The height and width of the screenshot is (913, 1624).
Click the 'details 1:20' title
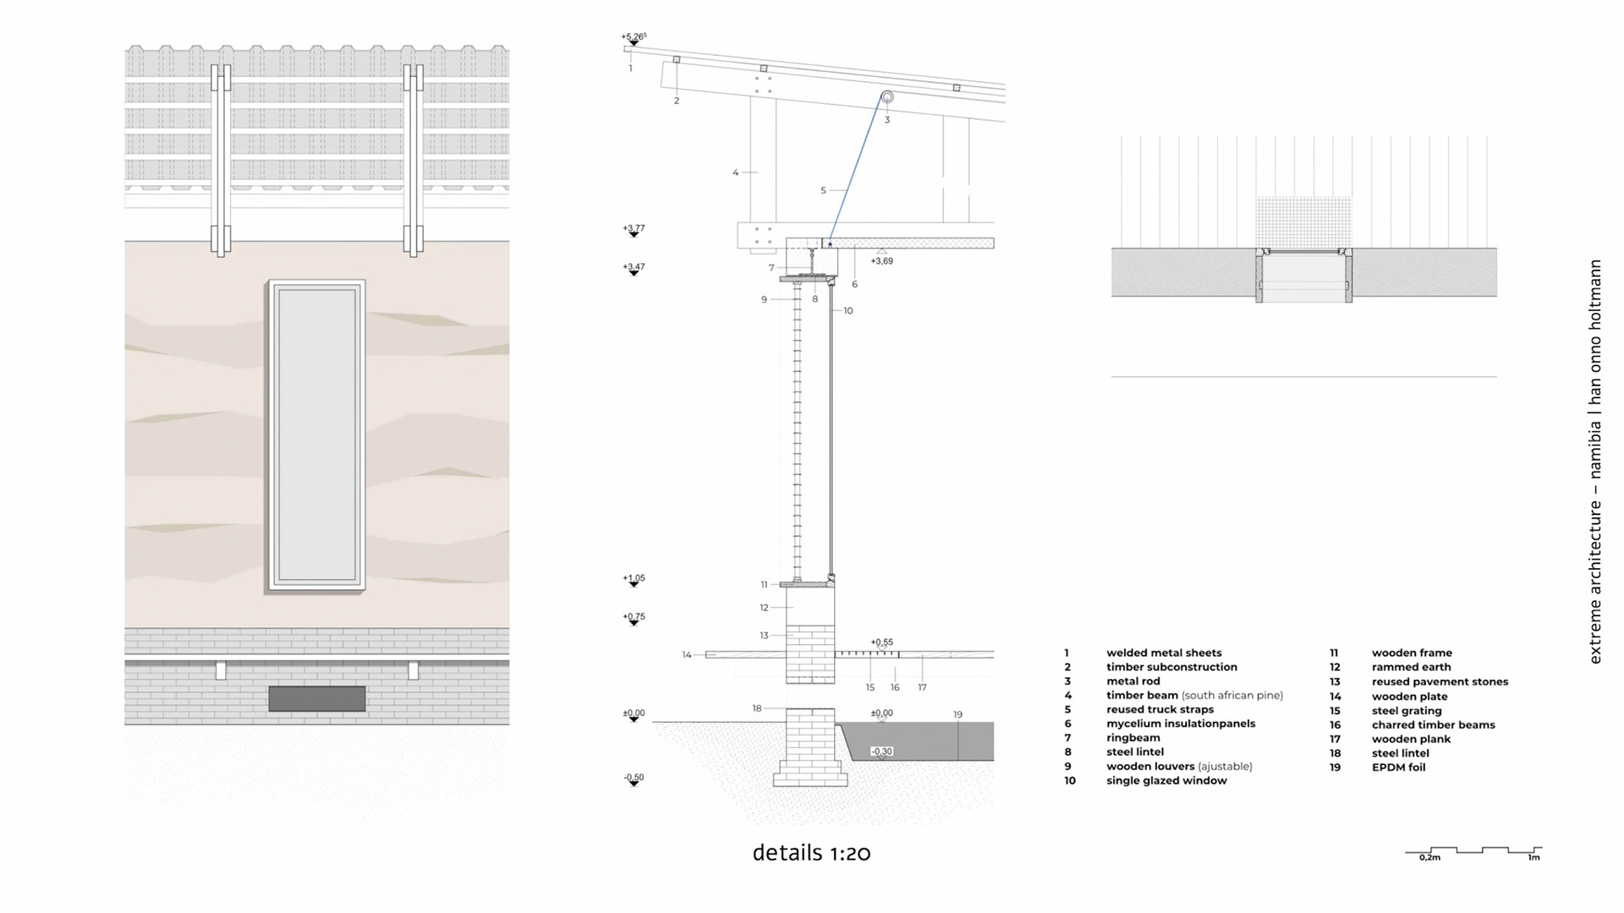[811, 853]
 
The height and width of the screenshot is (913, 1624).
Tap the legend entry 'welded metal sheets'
[1164, 653]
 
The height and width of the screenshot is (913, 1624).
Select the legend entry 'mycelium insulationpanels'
[1181, 724]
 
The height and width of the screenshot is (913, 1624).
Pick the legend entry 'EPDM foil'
[1398, 768]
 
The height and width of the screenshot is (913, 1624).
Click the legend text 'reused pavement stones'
[1440, 681]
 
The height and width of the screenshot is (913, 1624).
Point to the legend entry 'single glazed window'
[1166, 780]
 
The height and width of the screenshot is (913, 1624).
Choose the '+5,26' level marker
[634, 37]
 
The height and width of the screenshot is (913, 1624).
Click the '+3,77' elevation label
[634, 228]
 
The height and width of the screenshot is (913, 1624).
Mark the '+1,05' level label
[634, 578]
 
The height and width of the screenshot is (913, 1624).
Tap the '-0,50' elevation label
[634, 777]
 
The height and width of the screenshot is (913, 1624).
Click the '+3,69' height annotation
[881, 261]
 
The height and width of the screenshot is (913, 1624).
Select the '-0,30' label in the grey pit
[881, 752]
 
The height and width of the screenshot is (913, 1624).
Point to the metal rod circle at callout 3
[887, 97]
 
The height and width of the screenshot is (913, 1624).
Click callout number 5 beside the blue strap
[823, 191]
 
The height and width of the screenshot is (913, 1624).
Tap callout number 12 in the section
[764, 608]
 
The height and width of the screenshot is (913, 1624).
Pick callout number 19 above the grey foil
[957, 714]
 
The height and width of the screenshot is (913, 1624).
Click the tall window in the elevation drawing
[316, 435]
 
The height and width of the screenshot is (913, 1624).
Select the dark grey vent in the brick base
[316, 698]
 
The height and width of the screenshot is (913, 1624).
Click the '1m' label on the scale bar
[1533, 858]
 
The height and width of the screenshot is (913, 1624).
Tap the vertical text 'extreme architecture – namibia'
[1595, 583]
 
